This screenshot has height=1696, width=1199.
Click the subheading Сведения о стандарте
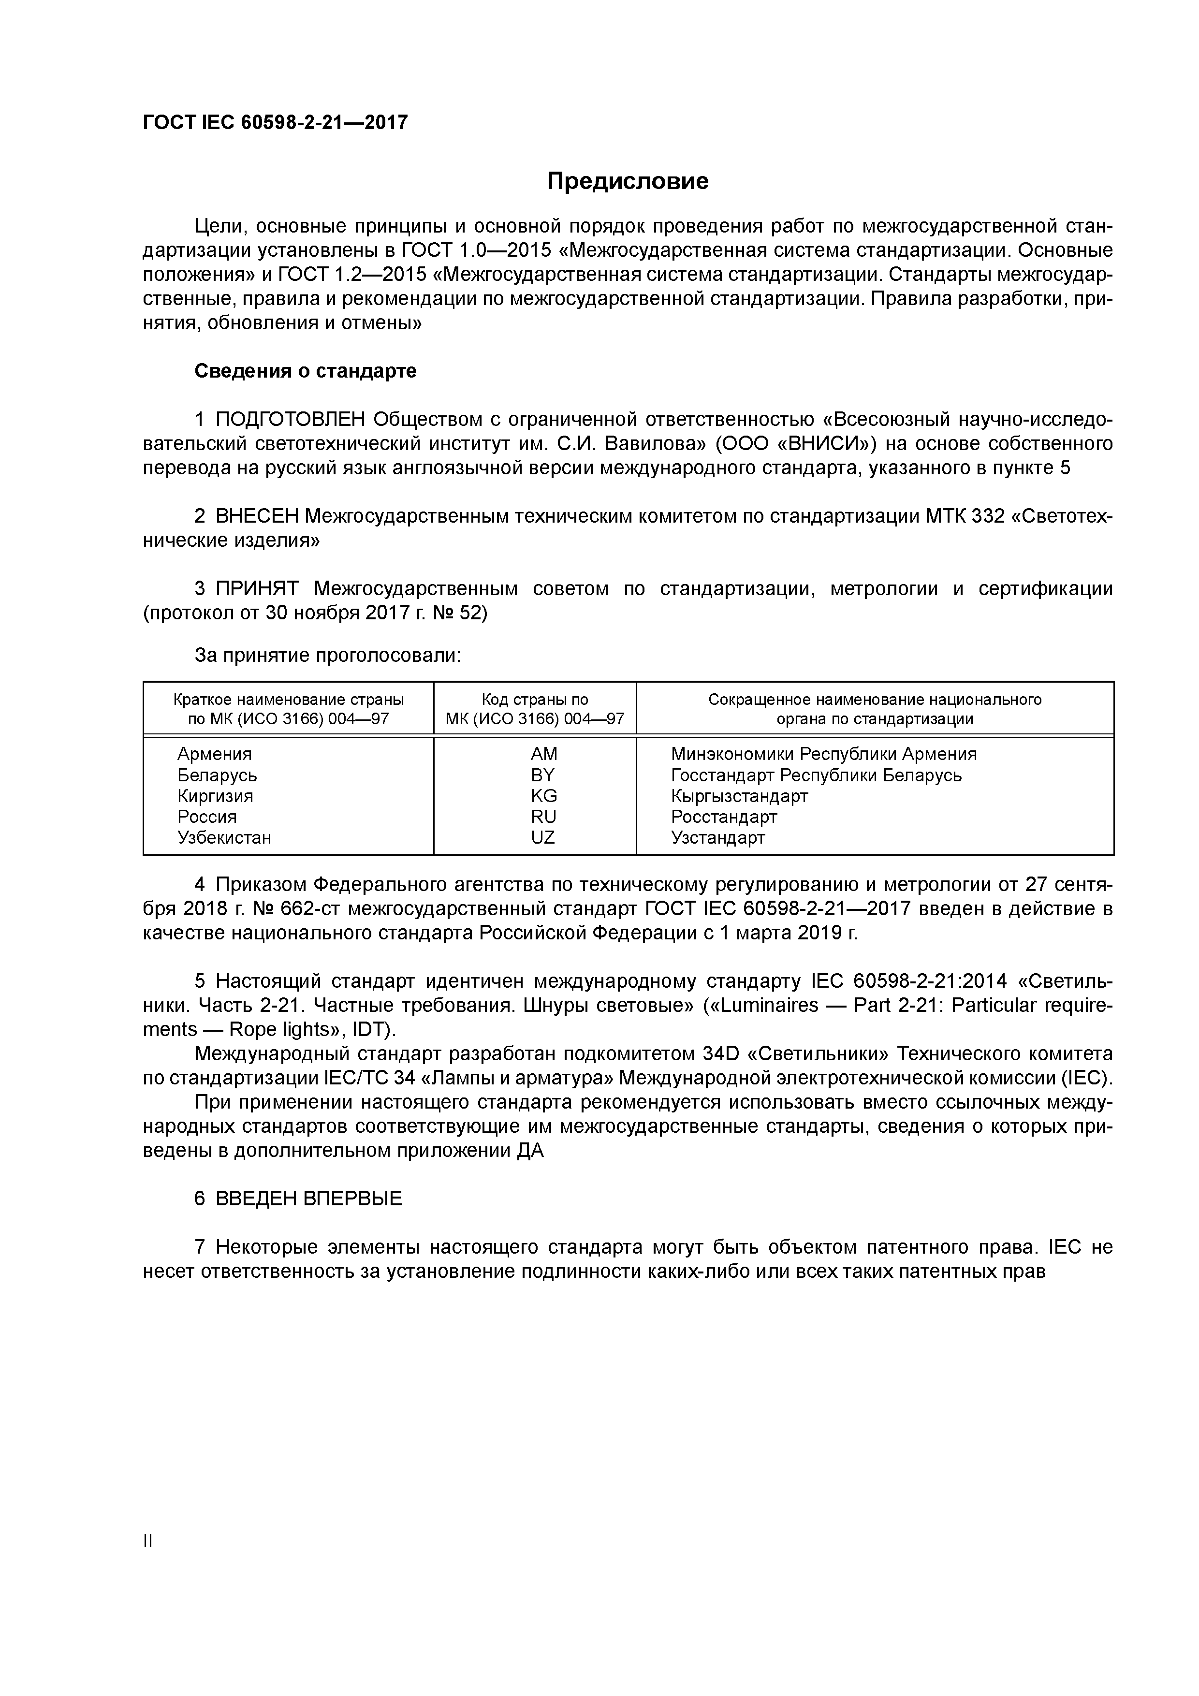305,371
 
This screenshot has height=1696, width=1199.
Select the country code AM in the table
544,754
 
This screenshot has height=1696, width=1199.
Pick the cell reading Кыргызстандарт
740,796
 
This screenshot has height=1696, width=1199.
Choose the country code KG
544,796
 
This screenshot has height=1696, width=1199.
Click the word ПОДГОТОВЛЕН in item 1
291,420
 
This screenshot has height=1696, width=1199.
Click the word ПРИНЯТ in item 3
257,589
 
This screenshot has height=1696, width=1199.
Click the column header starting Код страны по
535,700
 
